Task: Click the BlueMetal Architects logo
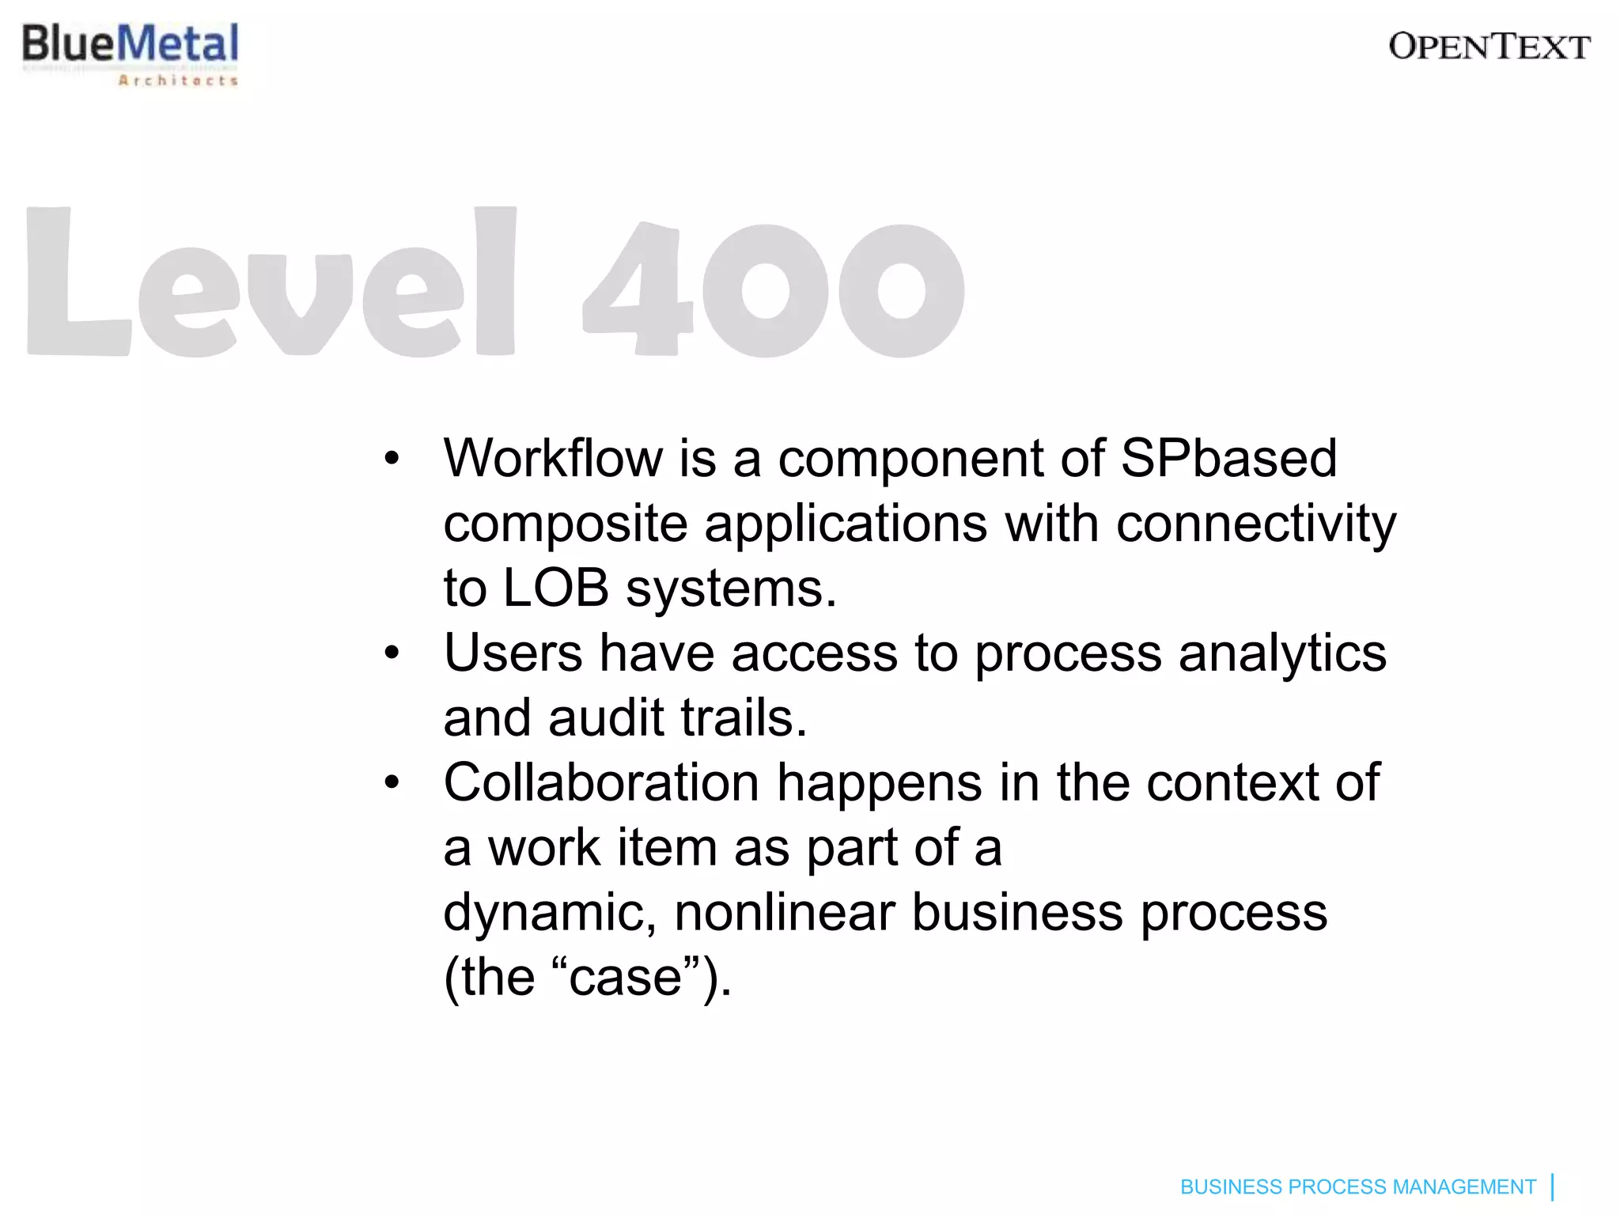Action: click(x=131, y=53)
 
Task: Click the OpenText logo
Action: click(x=1489, y=47)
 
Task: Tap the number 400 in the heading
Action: click(x=773, y=289)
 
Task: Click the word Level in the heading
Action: click(x=271, y=282)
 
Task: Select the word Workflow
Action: click(x=553, y=458)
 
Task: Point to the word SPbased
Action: click(x=1228, y=458)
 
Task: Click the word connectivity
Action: click(x=1256, y=524)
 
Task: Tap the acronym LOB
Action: click(x=555, y=589)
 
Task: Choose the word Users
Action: click(x=513, y=653)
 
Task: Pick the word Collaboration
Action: click(x=601, y=783)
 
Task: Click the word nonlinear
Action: click(x=784, y=912)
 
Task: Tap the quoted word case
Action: click(x=625, y=978)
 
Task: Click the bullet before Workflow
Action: click(x=392, y=459)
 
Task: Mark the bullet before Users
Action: click(x=392, y=654)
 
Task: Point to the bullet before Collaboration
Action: click(x=392, y=784)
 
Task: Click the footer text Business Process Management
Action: click(x=1357, y=1187)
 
